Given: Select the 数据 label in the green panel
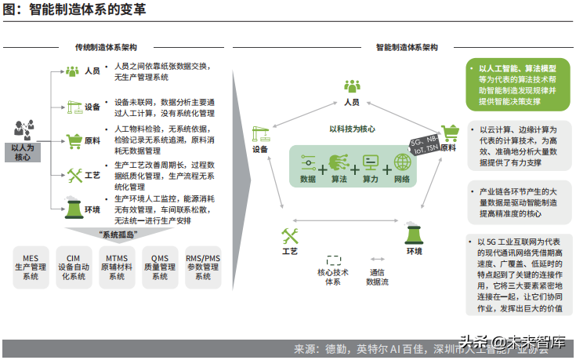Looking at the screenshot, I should (308, 180).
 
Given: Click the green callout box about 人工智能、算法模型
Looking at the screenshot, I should (517, 85).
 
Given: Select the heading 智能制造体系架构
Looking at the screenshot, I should (406, 49).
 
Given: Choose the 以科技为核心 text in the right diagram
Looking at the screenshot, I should (352, 131).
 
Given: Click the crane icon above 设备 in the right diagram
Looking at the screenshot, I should (260, 133).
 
